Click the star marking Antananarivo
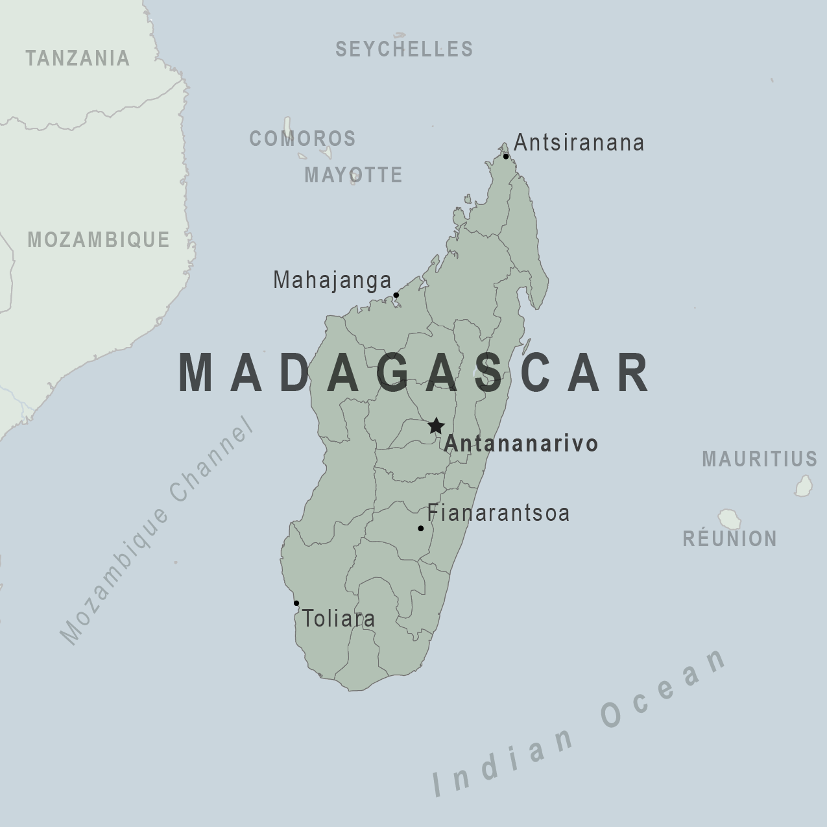tap(436, 426)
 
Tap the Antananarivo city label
tap(521, 444)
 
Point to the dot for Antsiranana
tap(506, 156)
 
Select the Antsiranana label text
tap(579, 143)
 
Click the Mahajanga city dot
tap(396, 295)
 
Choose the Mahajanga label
tap(332, 280)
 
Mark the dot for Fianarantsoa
tap(420, 529)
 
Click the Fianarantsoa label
tap(498, 513)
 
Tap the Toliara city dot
tap(296, 603)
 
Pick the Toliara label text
tap(339, 619)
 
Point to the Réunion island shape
tap(729, 519)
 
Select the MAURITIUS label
tap(760, 459)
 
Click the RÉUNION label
tap(730, 538)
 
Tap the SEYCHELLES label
tap(404, 49)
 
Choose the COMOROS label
tap(303, 138)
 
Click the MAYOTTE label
tap(354, 174)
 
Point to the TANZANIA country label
tap(78, 58)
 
